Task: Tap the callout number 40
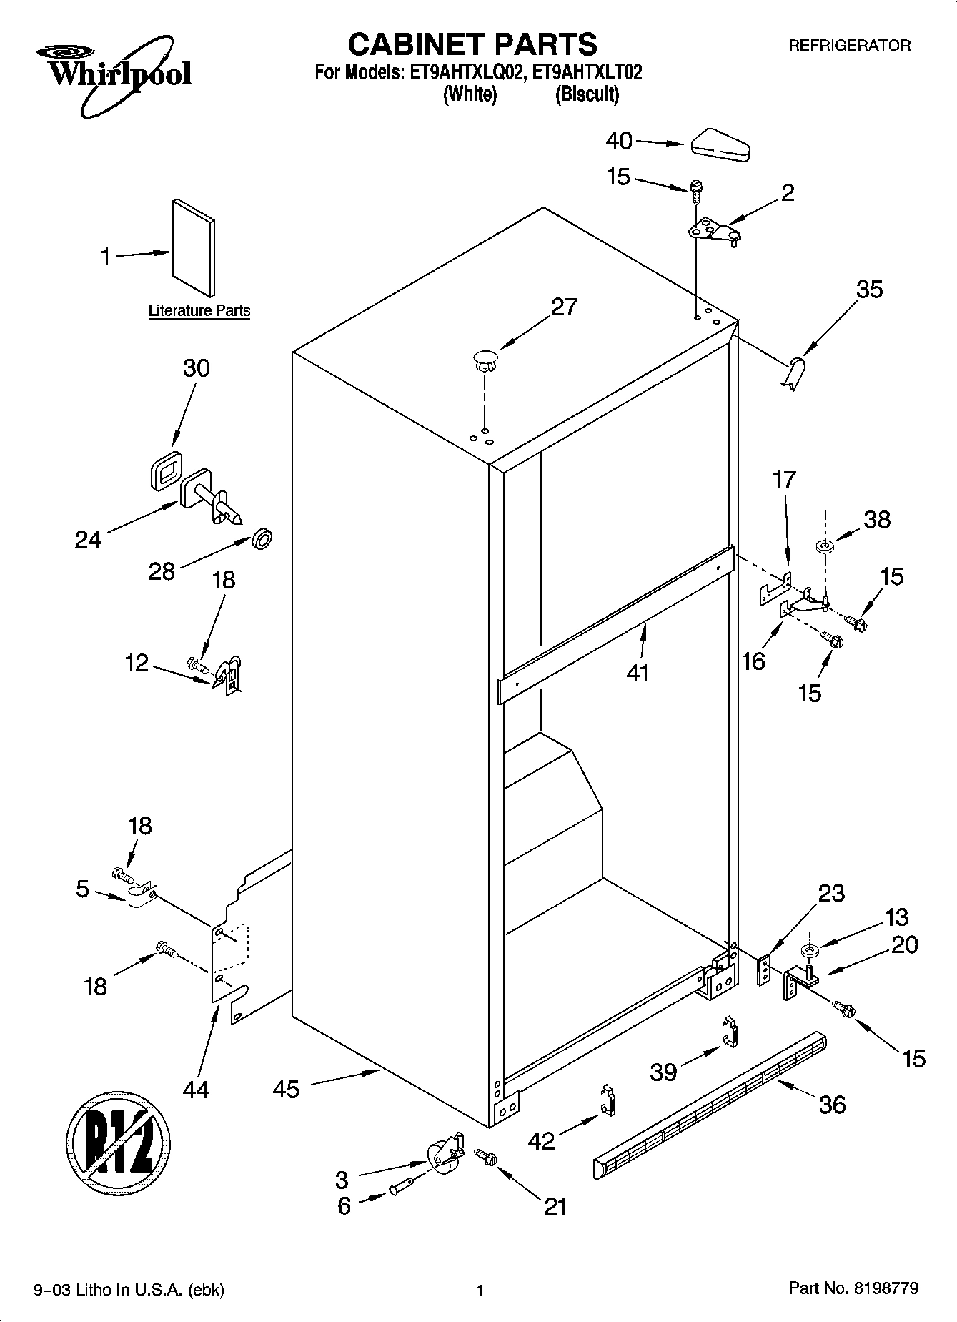619,141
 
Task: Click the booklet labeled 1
192,247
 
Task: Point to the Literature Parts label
199,311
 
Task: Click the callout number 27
563,307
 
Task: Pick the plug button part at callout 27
485,359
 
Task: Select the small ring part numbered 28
262,539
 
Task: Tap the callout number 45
286,1090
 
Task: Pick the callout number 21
555,1206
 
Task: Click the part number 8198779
886,1288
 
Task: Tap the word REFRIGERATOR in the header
849,46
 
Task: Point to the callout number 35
869,289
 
